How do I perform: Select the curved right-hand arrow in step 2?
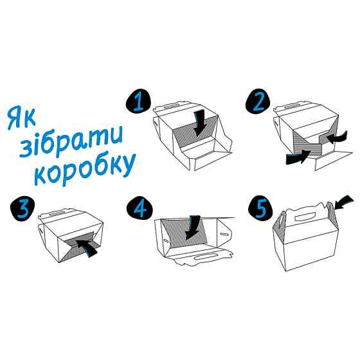pyautogui.click(x=335, y=137)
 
